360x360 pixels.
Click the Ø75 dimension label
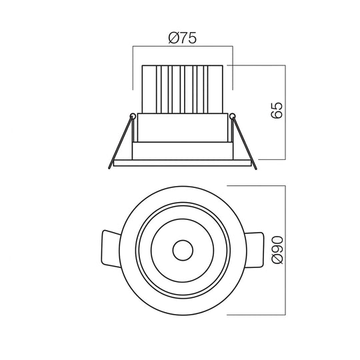click(x=183, y=38)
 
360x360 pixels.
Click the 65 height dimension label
click(x=277, y=111)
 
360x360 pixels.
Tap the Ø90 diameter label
click(x=277, y=250)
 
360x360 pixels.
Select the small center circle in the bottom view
click(x=183, y=250)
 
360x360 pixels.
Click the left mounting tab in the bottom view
click(x=110, y=249)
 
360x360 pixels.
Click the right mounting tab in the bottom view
click(x=255, y=250)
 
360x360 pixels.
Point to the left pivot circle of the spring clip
click(x=133, y=116)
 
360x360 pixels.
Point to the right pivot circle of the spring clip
click(x=233, y=116)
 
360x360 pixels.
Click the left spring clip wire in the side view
click(x=120, y=143)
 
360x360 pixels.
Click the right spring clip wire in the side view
click(x=245, y=143)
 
